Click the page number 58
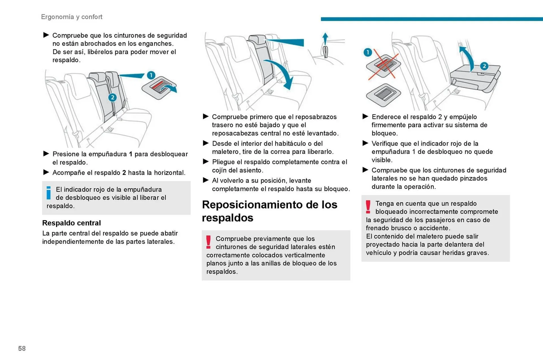[x=22, y=348]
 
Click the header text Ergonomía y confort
[x=72, y=17]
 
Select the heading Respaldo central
[x=71, y=223]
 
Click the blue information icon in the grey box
[x=49, y=193]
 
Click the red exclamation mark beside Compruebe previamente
[x=208, y=242]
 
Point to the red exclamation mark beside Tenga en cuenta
[x=368, y=207]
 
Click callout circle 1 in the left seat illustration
[x=151, y=75]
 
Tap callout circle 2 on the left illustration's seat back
[x=112, y=97]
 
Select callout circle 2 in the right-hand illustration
[x=484, y=66]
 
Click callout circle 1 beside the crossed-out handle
[x=367, y=52]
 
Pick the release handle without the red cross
[x=383, y=95]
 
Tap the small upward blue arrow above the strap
[x=325, y=38]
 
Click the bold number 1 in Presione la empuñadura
[x=130, y=154]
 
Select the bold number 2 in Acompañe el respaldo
[x=124, y=173]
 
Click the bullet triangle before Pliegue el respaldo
[x=206, y=162]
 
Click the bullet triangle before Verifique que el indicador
[x=365, y=143]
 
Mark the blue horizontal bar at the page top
[x=432, y=19]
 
